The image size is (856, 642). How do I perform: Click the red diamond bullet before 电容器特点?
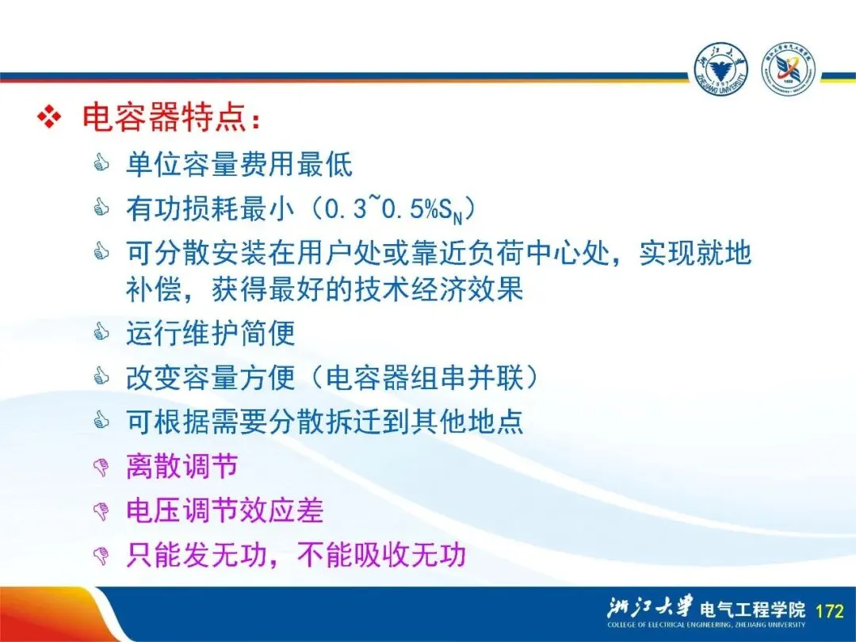(49, 117)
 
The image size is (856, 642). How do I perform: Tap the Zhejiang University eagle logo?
(721, 71)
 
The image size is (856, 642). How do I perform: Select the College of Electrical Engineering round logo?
(789, 71)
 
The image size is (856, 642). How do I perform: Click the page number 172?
(830, 610)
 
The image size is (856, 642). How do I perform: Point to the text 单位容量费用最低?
(239, 164)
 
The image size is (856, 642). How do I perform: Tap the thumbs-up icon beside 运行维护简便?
(101, 331)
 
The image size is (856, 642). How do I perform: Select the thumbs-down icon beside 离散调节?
(101, 468)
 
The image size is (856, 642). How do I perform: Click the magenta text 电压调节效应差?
(225, 510)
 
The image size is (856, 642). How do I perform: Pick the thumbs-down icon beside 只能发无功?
(101, 556)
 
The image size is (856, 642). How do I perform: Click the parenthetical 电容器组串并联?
(424, 377)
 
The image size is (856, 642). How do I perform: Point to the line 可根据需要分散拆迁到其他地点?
(324, 422)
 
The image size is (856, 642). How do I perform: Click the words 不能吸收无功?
(381, 555)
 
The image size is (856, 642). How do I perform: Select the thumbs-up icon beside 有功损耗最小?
(101, 208)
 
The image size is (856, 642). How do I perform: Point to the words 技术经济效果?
(438, 289)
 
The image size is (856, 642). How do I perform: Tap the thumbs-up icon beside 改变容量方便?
(101, 376)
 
